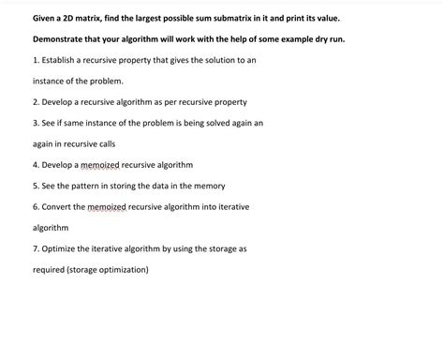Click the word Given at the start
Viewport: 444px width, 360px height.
coord(47,19)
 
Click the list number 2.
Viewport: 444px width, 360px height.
coord(35,102)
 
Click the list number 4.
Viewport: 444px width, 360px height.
coord(35,165)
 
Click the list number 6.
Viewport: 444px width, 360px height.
coord(35,206)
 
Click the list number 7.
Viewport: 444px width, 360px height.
coord(35,248)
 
